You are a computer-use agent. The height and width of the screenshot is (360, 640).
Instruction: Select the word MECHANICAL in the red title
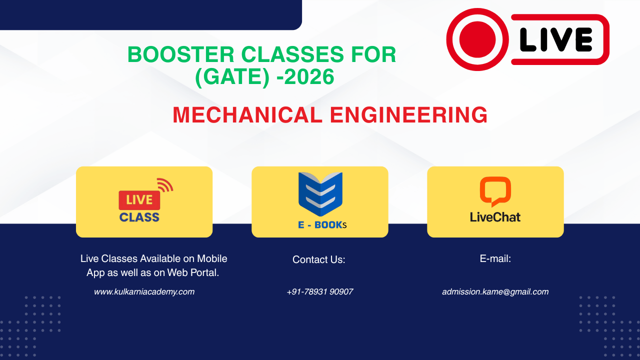click(x=247, y=115)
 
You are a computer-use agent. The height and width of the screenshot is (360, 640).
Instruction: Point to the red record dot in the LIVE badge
click(x=477, y=39)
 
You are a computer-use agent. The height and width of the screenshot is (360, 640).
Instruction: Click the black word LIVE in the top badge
click(x=555, y=39)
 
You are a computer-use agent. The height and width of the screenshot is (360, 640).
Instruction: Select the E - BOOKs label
click(x=322, y=225)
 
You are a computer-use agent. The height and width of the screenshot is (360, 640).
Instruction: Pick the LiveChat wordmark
click(x=495, y=217)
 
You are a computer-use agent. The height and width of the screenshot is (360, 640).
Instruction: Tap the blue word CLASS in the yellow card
click(x=139, y=217)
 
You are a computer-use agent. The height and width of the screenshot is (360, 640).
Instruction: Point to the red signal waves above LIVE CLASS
click(x=165, y=185)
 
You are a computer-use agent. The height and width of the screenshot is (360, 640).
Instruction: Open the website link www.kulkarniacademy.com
click(x=144, y=291)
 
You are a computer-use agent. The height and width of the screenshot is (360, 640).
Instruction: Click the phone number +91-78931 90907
click(x=319, y=291)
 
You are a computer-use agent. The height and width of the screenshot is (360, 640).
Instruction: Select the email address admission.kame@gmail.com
click(x=495, y=291)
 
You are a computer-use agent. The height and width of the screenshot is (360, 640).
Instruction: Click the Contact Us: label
click(x=318, y=260)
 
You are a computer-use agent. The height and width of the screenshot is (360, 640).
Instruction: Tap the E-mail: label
click(x=495, y=259)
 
